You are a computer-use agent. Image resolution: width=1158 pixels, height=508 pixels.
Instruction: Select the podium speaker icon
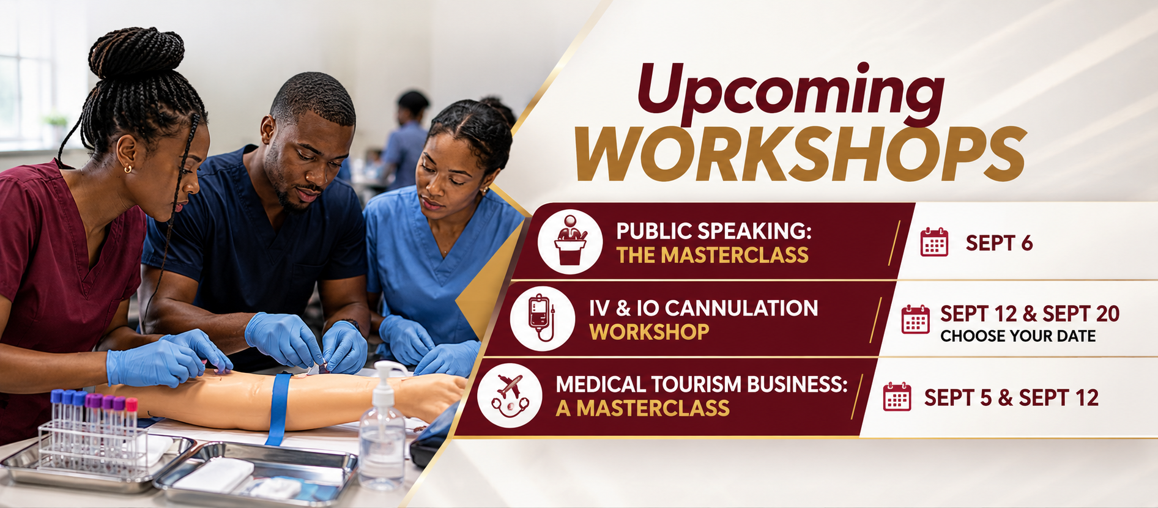pyautogui.click(x=570, y=241)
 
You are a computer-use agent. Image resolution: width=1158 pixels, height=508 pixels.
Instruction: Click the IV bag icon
pyautogui.click(x=542, y=318)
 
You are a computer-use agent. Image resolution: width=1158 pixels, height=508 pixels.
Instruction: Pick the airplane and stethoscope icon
pyautogui.click(x=510, y=395)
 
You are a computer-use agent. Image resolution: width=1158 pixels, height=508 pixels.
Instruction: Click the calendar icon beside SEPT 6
pyautogui.click(x=934, y=242)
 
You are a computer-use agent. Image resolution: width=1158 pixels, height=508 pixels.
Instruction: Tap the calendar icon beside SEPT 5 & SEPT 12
pyautogui.click(x=897, y=397)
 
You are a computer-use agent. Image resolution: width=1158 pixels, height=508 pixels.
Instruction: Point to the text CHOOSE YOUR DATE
pyautogui.click(x=1018, y=336)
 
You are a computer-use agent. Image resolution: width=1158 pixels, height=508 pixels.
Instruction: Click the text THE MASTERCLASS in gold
pyautogui.click(x=712, y=255)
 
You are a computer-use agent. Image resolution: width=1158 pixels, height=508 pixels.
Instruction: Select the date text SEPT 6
pyautogui.click(x=999, y=243)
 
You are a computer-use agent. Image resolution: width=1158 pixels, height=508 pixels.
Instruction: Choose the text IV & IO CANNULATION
pyautogui.click(x=703, y=308)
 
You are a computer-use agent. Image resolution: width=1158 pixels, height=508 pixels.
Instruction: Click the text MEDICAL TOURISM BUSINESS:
pyautogui.click(x=702, y=385)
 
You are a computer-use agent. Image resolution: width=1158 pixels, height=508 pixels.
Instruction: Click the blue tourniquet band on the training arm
pyautogui.click(x=278, y=407)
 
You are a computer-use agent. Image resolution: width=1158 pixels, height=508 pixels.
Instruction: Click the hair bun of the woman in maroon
pyautogui.click(x=136, y=53)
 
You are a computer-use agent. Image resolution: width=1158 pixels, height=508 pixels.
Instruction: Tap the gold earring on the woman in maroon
pyautogui.click(x=127, y=168)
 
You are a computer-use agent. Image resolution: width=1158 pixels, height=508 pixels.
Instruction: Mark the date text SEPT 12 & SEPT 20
pyautogui.click(x=1030, y=314)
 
